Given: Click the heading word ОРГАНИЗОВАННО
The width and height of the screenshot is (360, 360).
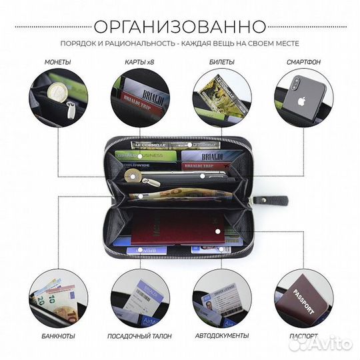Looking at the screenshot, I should [x=179, y=27].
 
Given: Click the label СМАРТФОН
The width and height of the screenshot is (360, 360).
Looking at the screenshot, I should [x=303, y=62].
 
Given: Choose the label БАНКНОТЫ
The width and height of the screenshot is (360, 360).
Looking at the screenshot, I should [x=57, y=335].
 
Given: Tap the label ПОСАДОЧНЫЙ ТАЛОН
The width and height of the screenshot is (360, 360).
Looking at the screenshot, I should [x=139, y=335].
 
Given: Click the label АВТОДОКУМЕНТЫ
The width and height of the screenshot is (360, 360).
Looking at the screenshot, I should [x=221, y=335].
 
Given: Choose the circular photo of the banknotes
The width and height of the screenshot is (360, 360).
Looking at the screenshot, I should [x=59, y=297].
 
